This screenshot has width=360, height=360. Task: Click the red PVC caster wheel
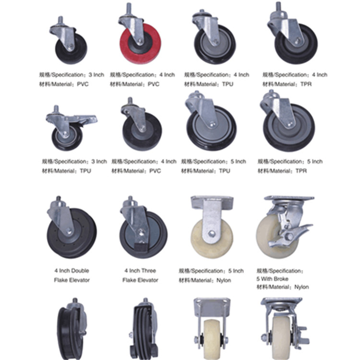pos(141,44)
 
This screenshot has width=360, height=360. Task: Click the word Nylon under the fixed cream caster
pos(224,280)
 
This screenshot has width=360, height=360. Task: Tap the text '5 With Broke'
pos(272,279)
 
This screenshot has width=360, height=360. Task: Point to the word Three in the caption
pos(148,270)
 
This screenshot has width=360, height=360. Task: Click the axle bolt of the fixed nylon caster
pos(212,234)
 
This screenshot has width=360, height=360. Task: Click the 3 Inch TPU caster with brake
pos(69,129)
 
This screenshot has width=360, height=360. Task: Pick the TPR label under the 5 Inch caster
pos(301,171)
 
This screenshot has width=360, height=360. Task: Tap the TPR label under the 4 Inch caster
pos(306,84)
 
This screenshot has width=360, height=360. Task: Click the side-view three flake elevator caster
pos(144,329)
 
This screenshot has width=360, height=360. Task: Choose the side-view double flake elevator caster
pos(72,329)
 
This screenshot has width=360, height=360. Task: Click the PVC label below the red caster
pos(154,84)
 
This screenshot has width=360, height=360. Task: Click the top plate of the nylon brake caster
pos(289,198)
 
